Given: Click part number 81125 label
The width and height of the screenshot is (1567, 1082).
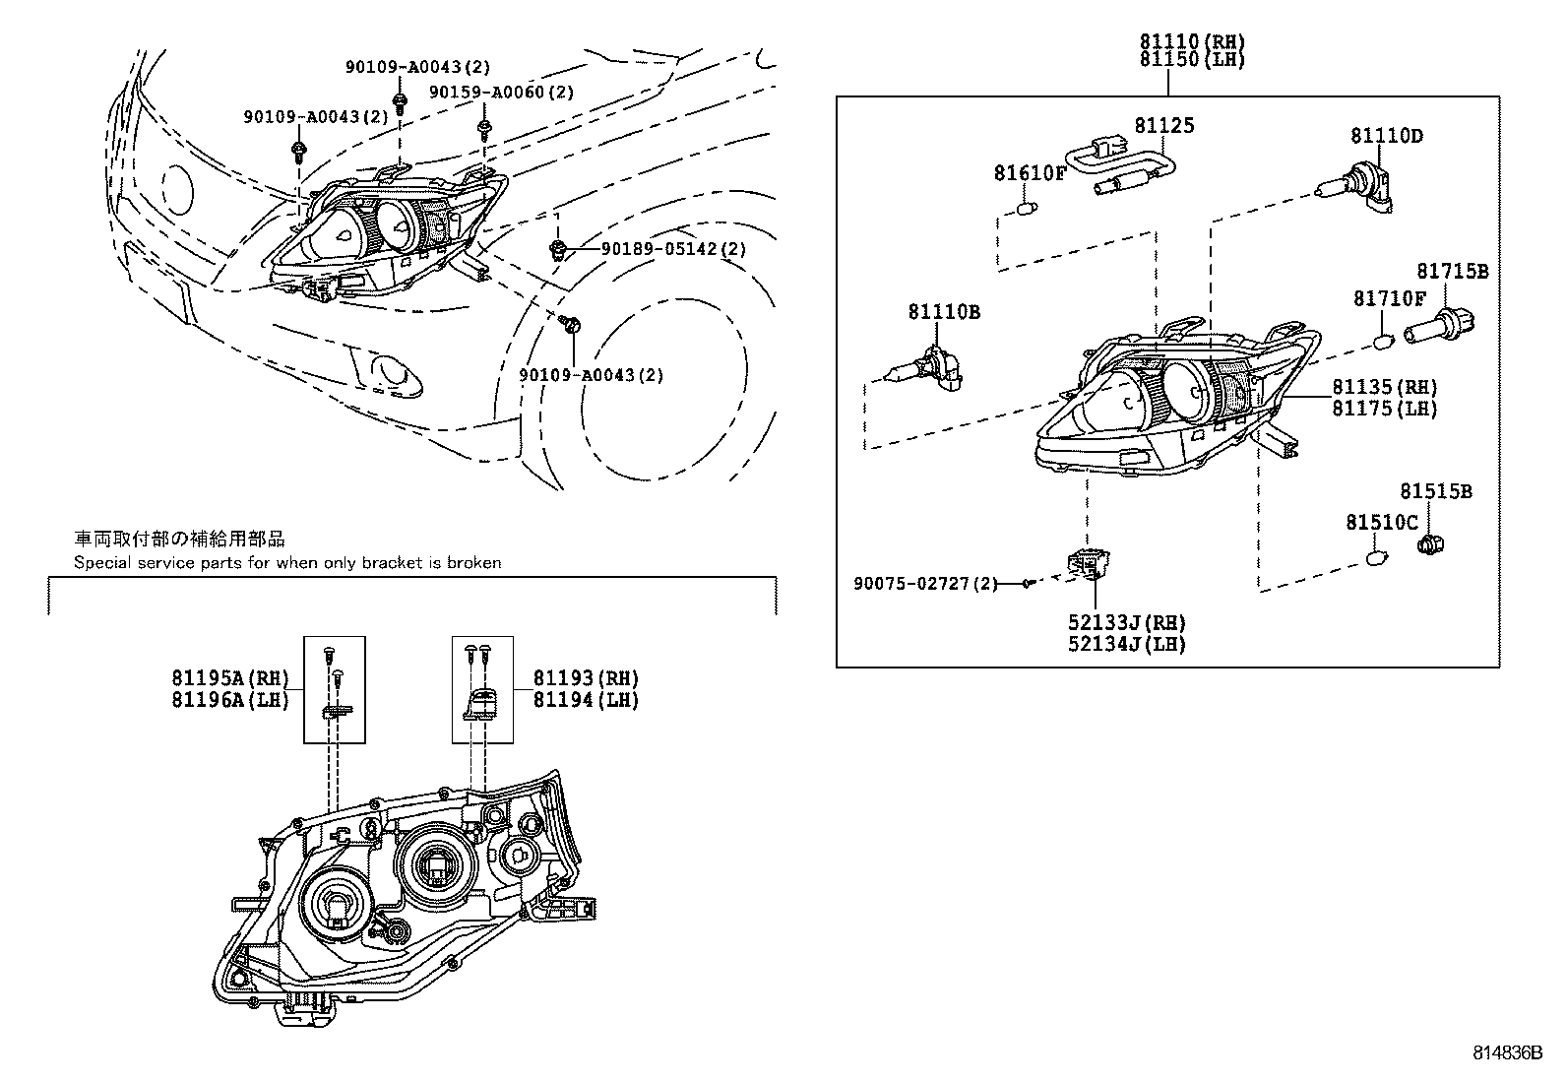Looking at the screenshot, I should point(1163,125).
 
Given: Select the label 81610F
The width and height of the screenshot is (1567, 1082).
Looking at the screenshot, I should point(1030,173).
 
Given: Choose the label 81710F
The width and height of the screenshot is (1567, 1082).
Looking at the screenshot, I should point(1389,298).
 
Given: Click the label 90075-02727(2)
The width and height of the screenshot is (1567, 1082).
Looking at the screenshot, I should point(925,584).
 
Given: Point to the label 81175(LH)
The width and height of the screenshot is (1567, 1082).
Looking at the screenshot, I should point(1385,409).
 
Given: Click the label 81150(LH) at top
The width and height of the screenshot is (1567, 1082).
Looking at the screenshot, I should point(1193,60).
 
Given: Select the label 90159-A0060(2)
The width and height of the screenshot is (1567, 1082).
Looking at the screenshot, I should point(501,93).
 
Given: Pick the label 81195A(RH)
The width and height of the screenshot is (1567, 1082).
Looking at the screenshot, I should point(230,678).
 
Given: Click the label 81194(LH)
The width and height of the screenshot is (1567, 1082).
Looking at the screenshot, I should point(586,700).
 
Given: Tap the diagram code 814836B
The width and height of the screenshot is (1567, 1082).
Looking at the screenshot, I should point(1507,1052).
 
